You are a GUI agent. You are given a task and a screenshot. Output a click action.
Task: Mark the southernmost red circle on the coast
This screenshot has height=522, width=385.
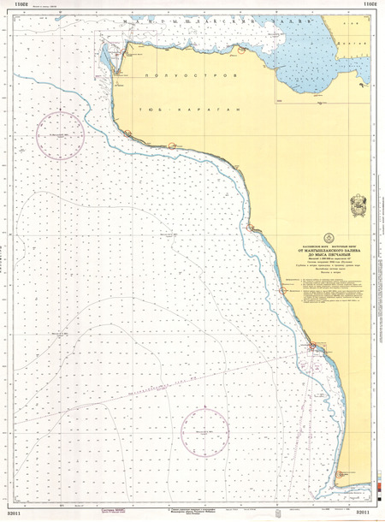(340, 473)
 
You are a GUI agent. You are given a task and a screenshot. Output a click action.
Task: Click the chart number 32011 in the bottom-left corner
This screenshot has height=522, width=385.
(15, 513)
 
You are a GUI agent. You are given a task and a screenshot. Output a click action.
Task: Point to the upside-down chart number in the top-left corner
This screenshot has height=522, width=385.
(15, 5)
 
